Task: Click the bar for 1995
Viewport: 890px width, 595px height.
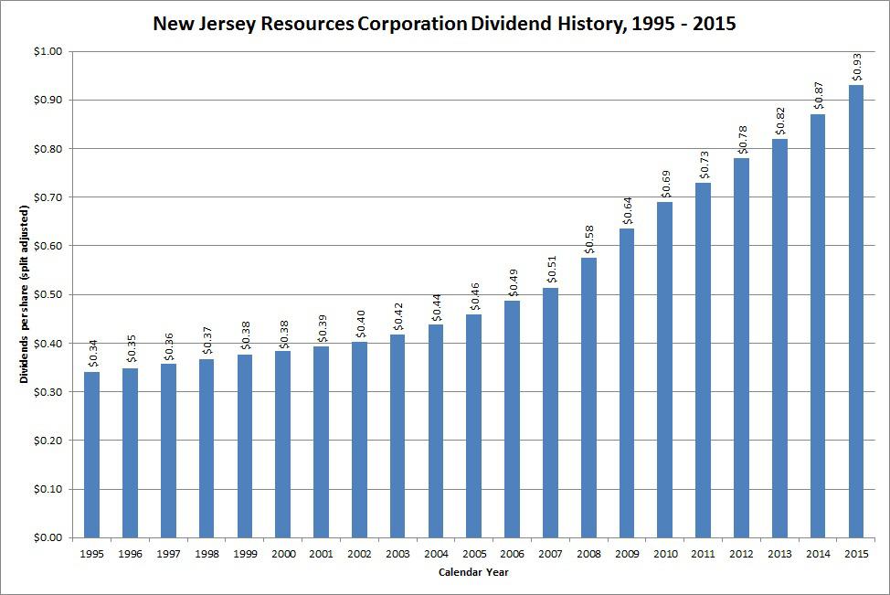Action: pos(91,454)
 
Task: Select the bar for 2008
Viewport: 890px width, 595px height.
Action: pos(588,397)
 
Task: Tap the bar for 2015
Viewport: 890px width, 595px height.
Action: pos(856,311)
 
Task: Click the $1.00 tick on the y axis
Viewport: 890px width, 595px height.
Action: pos(47,51)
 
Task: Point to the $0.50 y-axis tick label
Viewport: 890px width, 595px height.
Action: pos(47,294)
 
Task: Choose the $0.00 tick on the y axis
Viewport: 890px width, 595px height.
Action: pos(47,537)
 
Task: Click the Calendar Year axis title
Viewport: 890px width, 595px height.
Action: pos(472,573)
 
